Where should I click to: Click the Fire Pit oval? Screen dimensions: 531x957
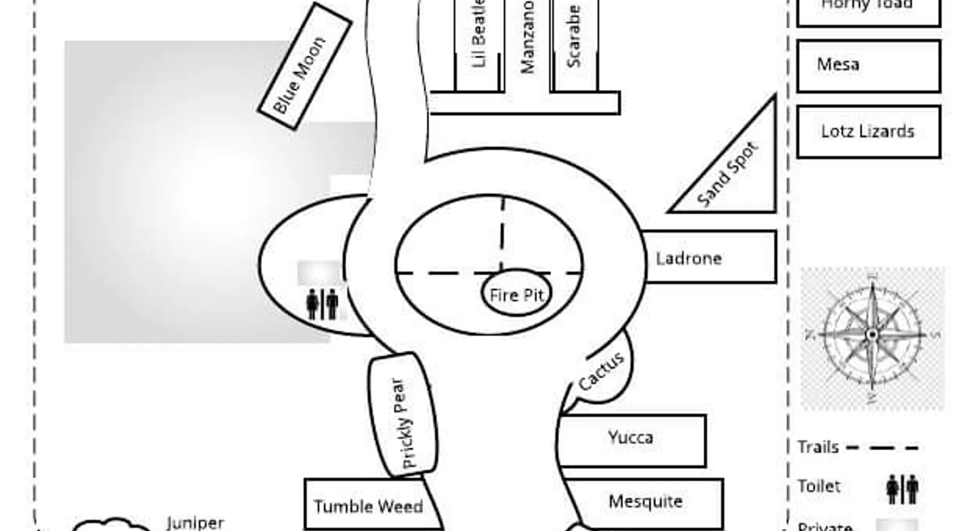tap(516, 295)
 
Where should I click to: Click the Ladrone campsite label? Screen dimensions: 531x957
tap(689, 259)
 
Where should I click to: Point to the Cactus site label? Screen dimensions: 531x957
tap(601, 372)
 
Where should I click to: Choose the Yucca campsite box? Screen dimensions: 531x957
tap(632, 440)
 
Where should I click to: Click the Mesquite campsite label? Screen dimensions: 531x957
tap(645, 501)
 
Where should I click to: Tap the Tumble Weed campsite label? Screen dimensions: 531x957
tap(368, 507)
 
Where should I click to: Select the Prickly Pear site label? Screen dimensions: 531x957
tap(404, 423)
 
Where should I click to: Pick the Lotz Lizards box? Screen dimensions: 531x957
tap(868, 132)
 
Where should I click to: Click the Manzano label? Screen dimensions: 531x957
tap(527, 37)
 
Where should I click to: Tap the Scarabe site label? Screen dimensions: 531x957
tap(573, 36)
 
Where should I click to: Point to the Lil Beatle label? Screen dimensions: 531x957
tap(478, 35)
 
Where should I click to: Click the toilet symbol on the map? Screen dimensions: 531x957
tap(322, 304)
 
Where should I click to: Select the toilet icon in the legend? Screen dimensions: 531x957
tap(902, 489)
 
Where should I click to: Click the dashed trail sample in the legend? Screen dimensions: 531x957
tap(882, 448)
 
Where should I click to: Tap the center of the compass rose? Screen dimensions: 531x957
tap(872, 335)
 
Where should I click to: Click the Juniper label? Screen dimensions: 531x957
tap(195, 523)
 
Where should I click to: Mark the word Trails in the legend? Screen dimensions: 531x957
tap(818, 447)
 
